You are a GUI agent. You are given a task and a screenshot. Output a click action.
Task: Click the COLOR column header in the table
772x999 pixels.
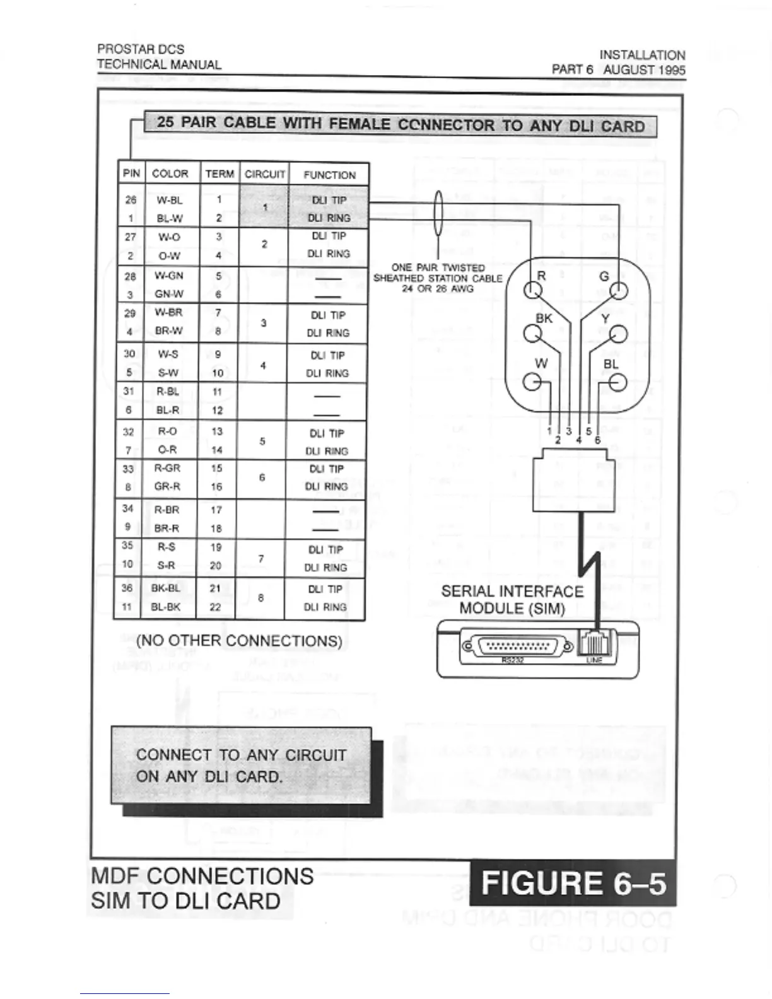click(x=170, y=173)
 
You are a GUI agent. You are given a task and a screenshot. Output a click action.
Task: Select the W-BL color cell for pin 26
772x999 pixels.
click(x=169, y=200)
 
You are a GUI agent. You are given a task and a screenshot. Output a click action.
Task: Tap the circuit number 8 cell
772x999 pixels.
click(x=260, y=598)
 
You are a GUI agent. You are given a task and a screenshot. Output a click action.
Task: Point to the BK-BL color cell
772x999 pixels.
click(x=165, y=588)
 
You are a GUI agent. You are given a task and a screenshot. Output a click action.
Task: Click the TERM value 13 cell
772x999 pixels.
click(x=217, y=431)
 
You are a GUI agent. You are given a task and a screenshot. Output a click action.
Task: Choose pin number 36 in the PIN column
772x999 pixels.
click(x=127, y=588)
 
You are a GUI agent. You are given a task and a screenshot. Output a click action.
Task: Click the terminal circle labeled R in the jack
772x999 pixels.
click(x=534, y=291)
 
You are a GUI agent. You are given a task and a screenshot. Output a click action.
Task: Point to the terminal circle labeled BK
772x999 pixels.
click(x=533, y=334)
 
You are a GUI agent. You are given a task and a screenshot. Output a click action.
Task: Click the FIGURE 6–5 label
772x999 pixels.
click(x=573, y=883)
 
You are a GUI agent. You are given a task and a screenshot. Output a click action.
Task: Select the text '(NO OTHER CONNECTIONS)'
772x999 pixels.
click(x=240, y=641)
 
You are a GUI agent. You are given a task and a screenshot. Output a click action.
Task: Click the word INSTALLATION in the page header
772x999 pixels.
click(x=642, y=55)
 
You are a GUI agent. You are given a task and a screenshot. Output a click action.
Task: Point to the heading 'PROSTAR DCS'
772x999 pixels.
click(x=141, y=49)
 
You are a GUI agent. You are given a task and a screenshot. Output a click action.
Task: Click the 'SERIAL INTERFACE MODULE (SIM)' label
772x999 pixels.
click(x=512, y=600)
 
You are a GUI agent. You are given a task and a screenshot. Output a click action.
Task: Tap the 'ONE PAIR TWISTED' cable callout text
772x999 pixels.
click(x=438, y=267)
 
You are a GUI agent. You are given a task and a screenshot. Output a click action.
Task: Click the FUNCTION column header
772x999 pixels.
click(x=329, y=175)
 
